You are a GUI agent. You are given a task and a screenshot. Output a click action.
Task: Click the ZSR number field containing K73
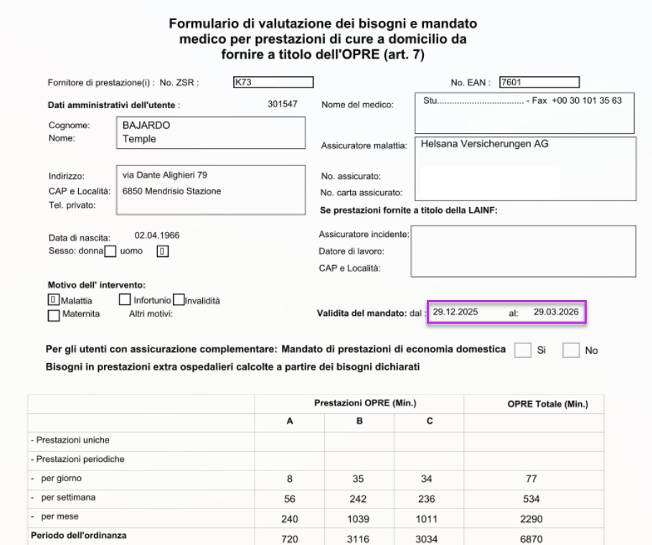[x=273, y=82]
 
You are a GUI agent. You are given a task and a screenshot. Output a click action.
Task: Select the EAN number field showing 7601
[x=539, y=82]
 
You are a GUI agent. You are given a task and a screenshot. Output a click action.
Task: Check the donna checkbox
[x=110, y=251]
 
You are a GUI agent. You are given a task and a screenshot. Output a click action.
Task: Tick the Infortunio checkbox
[x=124, y=300]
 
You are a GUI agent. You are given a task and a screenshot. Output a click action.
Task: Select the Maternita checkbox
[x=53, y=314]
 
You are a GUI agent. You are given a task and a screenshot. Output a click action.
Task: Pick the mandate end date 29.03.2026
[x=556, y=312]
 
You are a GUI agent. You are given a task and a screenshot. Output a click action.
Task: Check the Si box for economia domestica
[x=524, y=350]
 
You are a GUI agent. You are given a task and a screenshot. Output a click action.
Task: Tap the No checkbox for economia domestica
[x=572, y=350]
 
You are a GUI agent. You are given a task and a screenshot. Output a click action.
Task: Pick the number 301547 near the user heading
[x=282, y=105]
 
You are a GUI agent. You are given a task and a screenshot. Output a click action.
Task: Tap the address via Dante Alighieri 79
[x=166, y=175]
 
